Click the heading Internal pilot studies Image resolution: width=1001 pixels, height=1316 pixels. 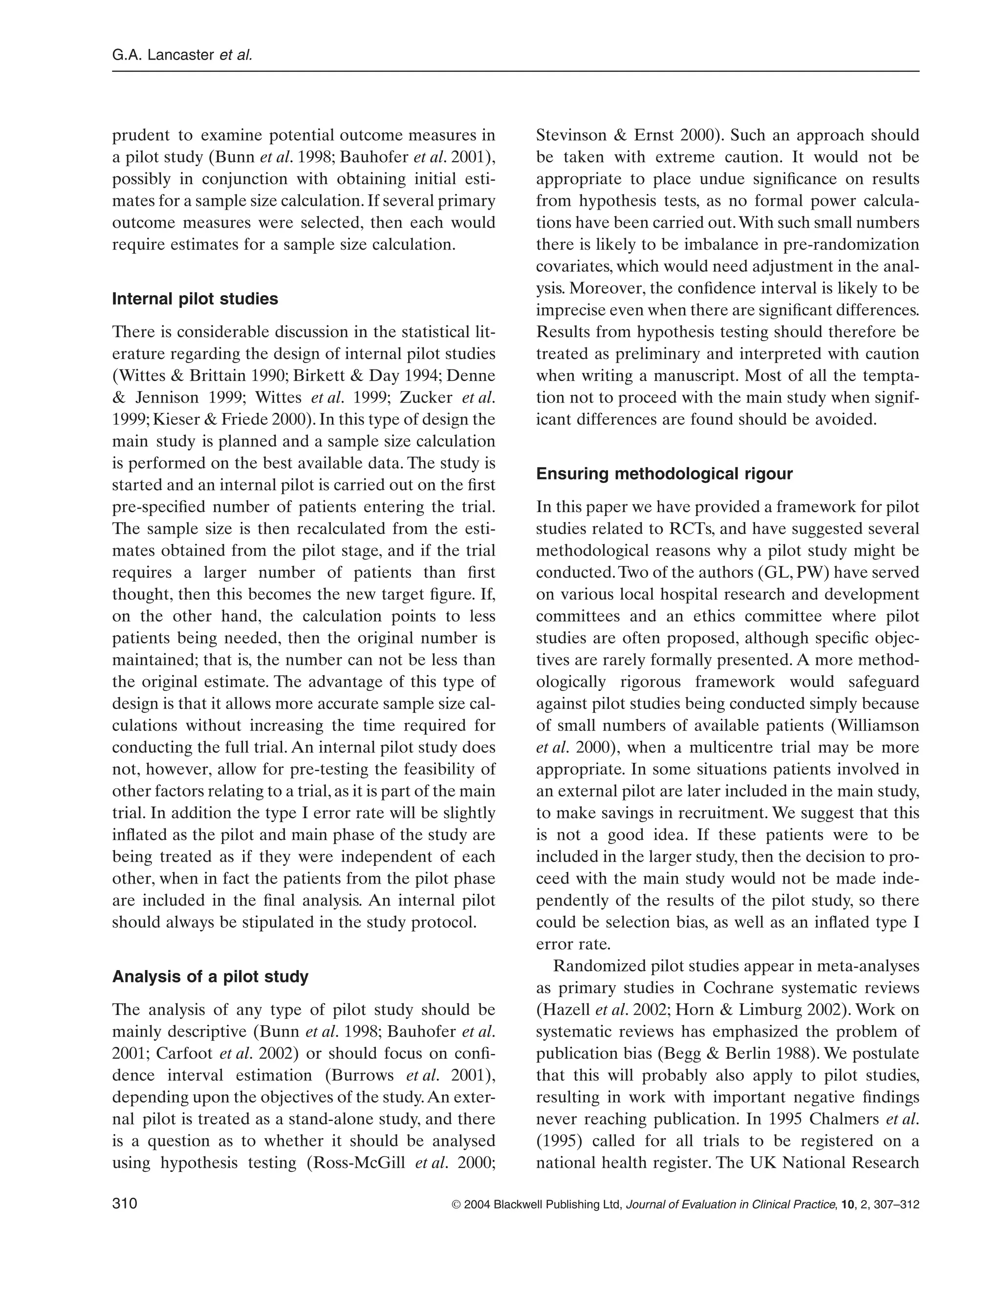click(x=195, y=299)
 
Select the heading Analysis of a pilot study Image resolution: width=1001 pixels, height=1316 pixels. click(x=210, y=977)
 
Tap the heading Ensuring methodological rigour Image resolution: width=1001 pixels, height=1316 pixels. click(x=664, y=474)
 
